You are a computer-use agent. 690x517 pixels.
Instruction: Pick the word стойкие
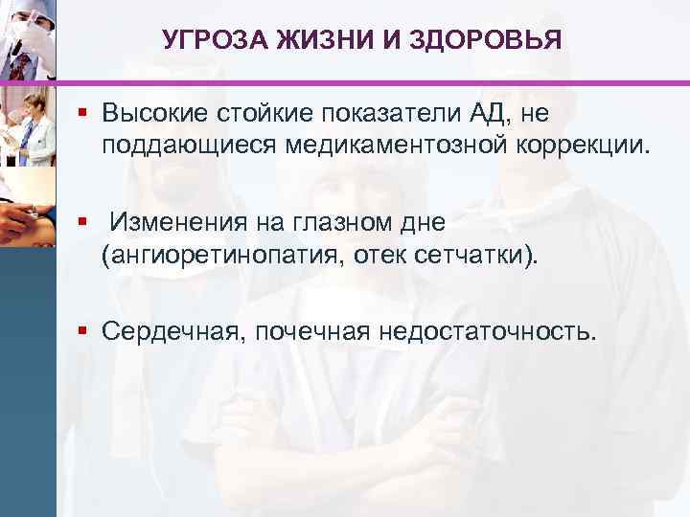(x=257, y=115)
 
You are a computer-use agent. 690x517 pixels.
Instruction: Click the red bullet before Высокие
(x=84, y=114)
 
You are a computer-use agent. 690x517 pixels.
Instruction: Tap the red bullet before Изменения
(x=84, y=222)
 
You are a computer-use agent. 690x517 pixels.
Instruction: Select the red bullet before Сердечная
(x=84, y=330)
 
